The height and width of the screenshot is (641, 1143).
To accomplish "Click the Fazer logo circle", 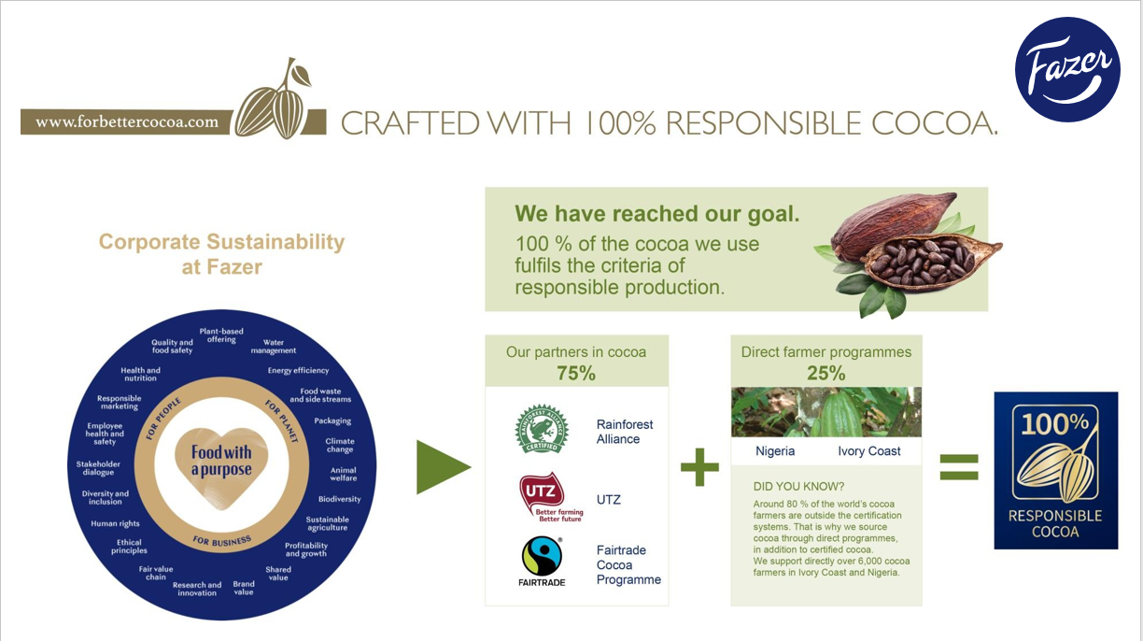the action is pyautogui.click(x=1067, y=69).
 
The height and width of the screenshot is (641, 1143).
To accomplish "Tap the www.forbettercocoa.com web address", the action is pyautogui.click(x=127, y=122).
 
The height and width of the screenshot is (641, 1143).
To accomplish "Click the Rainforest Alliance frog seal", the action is pyautogui.click(x=542, y=429).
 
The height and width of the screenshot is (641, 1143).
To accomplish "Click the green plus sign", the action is pyautogui.click(x=699, y=467).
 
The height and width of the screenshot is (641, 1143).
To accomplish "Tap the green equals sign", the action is pyautogui.click(x=959, y=467).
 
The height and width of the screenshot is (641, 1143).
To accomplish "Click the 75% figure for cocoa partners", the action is pyautogui.click(x=576, y=374).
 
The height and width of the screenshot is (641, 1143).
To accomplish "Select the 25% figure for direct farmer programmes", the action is pyautogui.click(x=826, y=374).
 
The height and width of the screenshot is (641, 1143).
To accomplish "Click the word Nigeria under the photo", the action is pyautogui.click(x=775, y=451).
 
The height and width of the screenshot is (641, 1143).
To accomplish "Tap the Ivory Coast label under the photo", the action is pyautogui.click(x=869, y=451).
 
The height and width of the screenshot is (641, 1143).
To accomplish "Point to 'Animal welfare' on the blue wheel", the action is pyautogui.click(x=343, y=474).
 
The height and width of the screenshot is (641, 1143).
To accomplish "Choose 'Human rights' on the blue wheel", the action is pyautogui.click(x=115, y=523).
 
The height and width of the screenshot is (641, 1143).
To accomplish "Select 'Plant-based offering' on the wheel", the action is pyautogui.click(x=221, y=335).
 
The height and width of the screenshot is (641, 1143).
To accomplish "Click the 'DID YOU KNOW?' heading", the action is pyautogui.click(x=798, y=486).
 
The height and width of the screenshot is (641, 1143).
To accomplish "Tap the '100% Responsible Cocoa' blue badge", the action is pyautogui.click(x=1056, y=470).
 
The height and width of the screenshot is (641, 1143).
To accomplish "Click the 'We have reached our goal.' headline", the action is pyautogui.click(x=656, y=213).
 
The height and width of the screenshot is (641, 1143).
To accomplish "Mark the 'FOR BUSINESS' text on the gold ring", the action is pyautogui.click(x=222, y=541).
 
